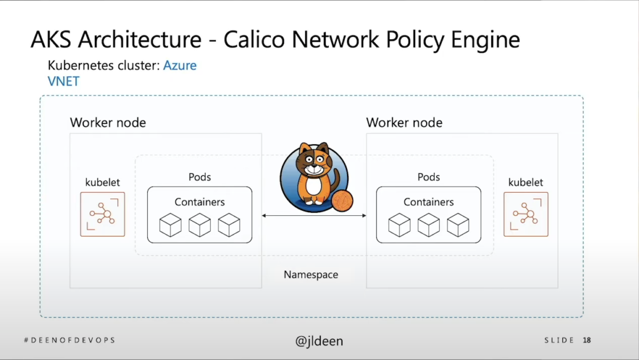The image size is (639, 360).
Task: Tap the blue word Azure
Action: tap(180, 66)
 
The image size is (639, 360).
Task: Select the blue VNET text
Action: tap(63, 81)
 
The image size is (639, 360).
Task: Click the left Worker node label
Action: tap(108, 122)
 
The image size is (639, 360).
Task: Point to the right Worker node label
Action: tap(404, 122)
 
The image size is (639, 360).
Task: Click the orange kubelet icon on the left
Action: tap(102, 214)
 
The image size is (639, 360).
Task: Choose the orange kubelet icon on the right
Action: tap(525, 214)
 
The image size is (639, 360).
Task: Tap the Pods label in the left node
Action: tap(200, 177)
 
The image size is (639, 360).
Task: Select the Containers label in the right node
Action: tap(429, 202)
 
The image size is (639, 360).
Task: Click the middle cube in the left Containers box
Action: tap(200, 225)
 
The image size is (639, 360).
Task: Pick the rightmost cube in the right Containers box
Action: tap(458, 225)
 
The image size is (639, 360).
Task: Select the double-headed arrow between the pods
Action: tap(314, 216)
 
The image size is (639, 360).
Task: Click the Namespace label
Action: tap(311, 275)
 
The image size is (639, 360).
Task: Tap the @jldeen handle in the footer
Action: tap(319, 341)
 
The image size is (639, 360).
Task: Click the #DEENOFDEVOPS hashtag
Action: tap(69, 341)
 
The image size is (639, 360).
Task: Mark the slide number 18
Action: tap(587, 341)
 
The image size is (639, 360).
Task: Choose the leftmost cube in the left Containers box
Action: tap(170, 225)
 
